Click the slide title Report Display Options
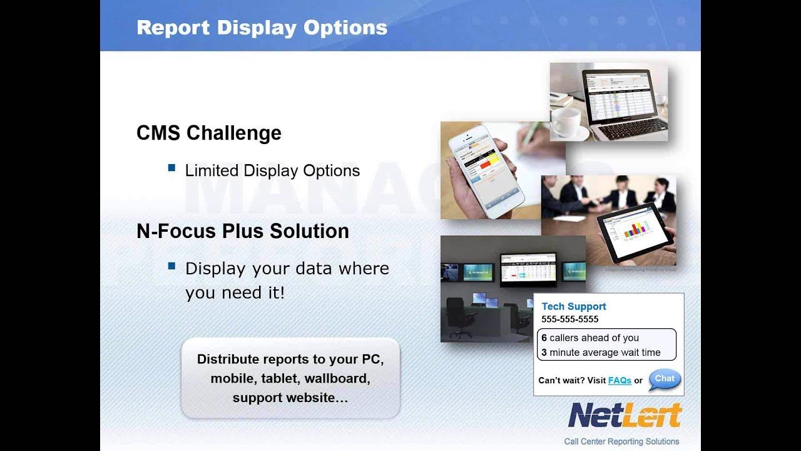click(x=262, y=28)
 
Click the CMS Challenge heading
click(x=209, y=133)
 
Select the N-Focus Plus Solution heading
click(x=243, y=231)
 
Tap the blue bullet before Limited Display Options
click(x=171, y=168)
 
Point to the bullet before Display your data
click(x=171, y=266)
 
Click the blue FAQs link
click(x=620, y=380)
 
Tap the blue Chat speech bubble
click(x=664, y=379)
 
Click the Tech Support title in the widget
click(x=573, y=306)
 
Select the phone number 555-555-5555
click(x=569, y=319)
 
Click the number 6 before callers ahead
click(x=544, y=338)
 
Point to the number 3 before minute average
click(x=544, y=353)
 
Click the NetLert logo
click(x=624, y=415)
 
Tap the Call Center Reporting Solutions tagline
click(x=621, y=441)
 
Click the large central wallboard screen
click(x=528, y=268)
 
